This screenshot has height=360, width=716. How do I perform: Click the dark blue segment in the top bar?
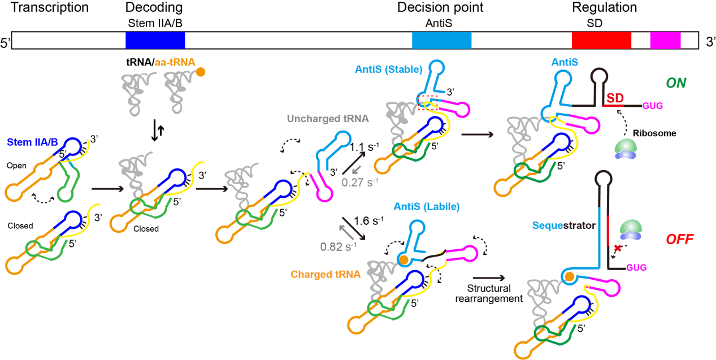pyautogui.click(x=155, y=40)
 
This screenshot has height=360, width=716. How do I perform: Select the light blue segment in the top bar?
pyautogui.click(x=441, y=40)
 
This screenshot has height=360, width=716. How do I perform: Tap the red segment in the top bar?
pyautogui.click(x=601, y=40)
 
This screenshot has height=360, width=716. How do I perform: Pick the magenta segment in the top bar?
pyautogui.click(x=665, y=40)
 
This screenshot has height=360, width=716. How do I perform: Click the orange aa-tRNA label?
pyautogui.click(x=175, y=63)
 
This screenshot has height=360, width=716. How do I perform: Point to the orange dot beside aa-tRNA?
pyautogui.click(x=201, y=72)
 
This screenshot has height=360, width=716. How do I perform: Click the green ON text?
pyautogui.click(x=676, y=83)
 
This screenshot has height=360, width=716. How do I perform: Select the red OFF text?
pyautogui.click(x=679, y=240)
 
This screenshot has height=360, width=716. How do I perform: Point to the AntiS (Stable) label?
pyautogui.click(x=389, y=70)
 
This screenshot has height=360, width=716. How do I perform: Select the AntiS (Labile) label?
pyautogui.click(x=427, y=207)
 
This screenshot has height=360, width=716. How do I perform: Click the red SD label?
pyautogui.click(x=615, y=98)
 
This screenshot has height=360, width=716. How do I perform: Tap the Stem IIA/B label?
pyautogui.click(x=32, y=142)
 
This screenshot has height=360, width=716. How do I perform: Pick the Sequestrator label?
pyautogui.click(x=564, y=225)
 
